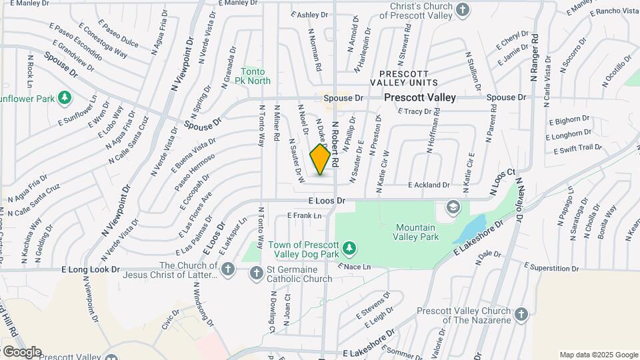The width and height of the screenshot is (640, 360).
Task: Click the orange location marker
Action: [321, 159]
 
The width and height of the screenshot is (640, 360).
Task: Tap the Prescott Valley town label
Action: [420, 97]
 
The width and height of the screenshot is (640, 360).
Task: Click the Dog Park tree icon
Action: [349, 249]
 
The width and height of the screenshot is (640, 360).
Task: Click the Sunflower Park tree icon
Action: [65, 99]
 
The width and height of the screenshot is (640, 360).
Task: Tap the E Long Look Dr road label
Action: [90, 271]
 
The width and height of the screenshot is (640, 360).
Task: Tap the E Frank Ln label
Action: [304, 215]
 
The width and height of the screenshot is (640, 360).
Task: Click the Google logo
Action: [21, 351]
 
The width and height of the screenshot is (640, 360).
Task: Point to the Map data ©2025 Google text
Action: [598, 355]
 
